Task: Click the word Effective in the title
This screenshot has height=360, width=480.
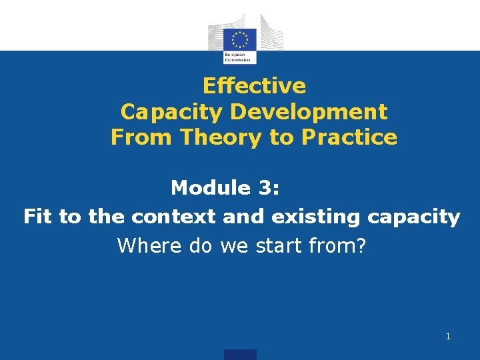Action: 254,86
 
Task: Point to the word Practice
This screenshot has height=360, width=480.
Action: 349,137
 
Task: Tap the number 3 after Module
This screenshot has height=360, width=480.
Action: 265,188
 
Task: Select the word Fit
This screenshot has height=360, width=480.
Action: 38,217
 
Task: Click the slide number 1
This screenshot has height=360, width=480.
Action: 448,337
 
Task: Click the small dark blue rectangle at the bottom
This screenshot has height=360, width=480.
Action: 240,355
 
